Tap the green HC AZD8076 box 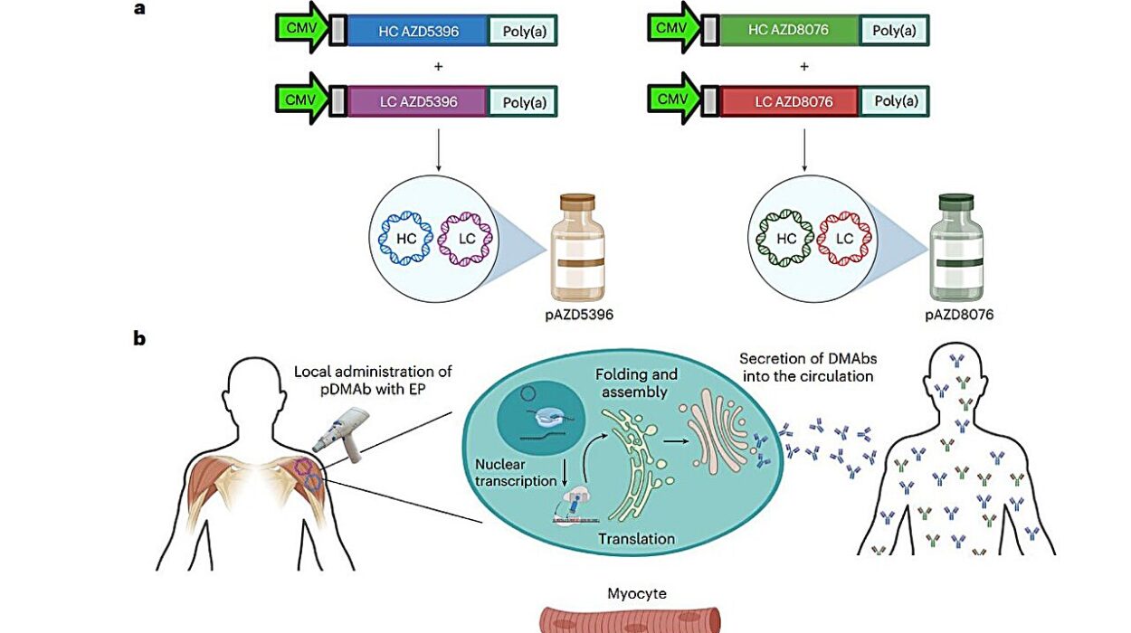[x=789, y=32]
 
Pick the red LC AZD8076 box [x=789, y=100]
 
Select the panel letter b [x=139, y=338]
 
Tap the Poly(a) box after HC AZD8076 [x=894, y=32]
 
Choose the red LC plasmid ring [x=844, y=239]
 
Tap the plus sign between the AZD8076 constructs [x=803, y=66]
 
